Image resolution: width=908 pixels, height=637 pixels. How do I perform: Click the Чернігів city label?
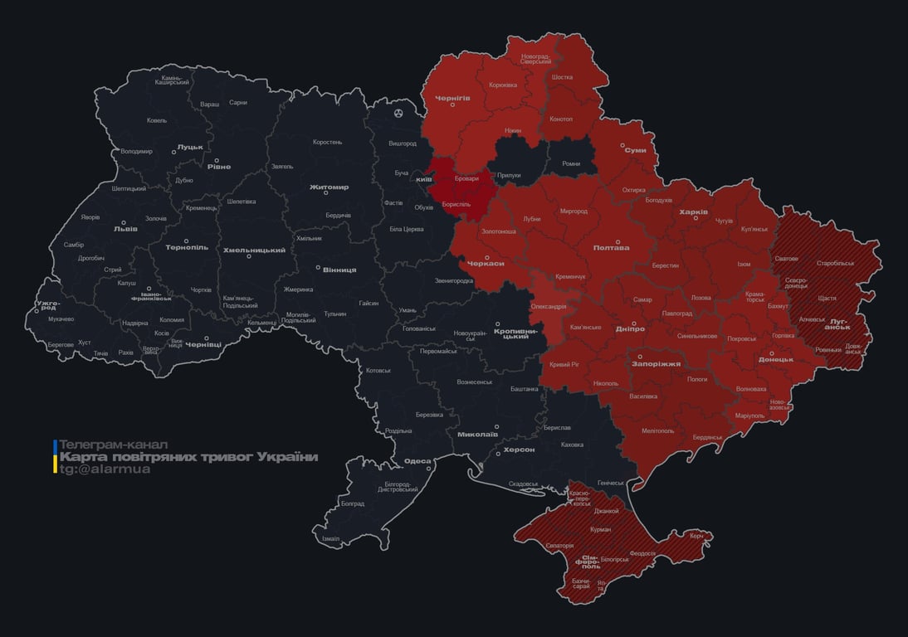(452, 97)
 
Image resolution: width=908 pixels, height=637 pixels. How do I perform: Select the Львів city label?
(125, 228)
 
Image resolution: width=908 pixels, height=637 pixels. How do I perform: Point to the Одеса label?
(417, 462)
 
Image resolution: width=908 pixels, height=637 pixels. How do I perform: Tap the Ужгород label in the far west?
(48, 305)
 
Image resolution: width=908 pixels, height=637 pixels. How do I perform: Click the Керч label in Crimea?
(696, 536)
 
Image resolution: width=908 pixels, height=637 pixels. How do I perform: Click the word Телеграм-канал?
(114, 445)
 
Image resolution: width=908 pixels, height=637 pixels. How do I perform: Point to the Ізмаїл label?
(330, 539)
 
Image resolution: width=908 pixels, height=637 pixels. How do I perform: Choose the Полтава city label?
(611, 247)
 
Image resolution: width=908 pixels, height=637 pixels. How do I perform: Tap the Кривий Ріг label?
(564, 364)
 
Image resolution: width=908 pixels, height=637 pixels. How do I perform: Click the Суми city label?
(636, 150)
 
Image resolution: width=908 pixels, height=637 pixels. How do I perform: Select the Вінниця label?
(339, 270)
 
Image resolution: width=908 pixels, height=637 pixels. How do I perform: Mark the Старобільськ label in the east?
(835, 264)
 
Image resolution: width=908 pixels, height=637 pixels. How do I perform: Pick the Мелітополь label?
(657, 430)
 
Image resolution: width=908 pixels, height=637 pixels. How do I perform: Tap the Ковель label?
(157, 121)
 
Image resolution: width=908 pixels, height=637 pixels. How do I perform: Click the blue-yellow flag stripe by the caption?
(55, 457)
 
